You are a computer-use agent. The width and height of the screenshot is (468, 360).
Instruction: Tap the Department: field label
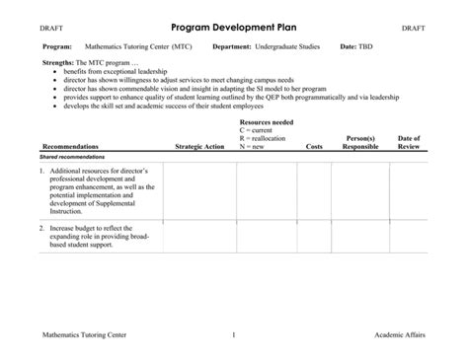(x=236, y=46)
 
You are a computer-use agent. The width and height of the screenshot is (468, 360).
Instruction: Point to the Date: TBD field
(x=355, y=46)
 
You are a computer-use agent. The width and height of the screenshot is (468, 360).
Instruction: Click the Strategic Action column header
(x=199, y=146)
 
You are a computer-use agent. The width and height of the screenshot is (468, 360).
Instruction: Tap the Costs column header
(x=314, y=146)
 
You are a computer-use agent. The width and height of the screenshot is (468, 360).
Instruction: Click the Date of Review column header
(x=408, y=142)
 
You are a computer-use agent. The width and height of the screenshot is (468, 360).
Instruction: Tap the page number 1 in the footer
(x=233, y=336)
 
